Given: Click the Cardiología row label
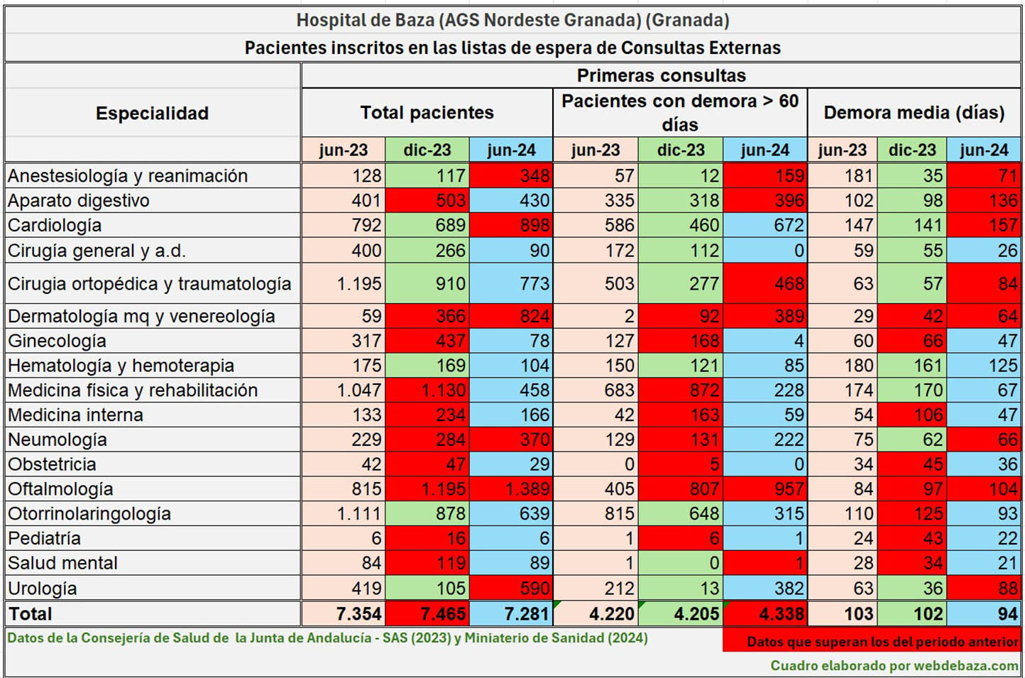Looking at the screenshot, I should (55, 225).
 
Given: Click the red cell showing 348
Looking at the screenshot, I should (511, 175).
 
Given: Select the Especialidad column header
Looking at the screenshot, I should (152, 113).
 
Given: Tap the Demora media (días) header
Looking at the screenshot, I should (914, 112).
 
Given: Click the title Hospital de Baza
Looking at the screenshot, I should (512, 20).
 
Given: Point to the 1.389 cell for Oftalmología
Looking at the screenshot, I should (511, 488).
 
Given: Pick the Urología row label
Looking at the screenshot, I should (43, 588).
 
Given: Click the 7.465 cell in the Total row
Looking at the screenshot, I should (427, 613).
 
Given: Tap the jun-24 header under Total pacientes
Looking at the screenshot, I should (511, 150).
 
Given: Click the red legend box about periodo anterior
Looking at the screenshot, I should (872, 640).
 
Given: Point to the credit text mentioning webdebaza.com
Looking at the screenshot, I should (894, 665).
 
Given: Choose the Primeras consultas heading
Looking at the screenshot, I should (661, 75).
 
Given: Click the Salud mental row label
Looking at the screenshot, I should (62, 563).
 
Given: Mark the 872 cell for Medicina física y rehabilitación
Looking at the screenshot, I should (681, 390).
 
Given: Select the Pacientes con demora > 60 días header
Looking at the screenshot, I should (680, 112).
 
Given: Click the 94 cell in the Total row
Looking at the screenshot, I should (985, 613).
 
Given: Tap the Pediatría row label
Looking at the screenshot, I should (44, 538).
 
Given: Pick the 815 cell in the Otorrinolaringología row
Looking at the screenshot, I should (596, 513).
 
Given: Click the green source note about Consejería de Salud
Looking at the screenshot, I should (327, 638).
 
